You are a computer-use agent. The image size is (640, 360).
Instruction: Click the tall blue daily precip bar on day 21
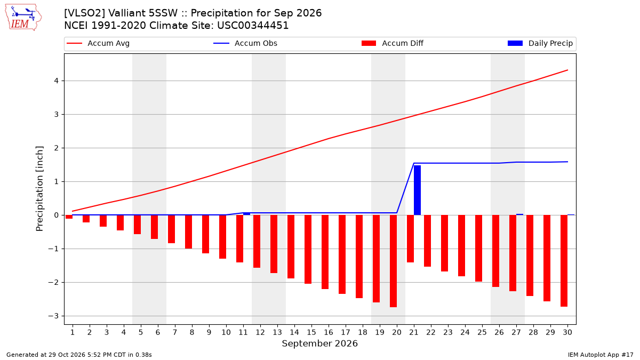pyautogui.click(x=417, y=190)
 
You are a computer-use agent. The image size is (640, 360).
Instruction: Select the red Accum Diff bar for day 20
pyautogui.click(x=394, y=261)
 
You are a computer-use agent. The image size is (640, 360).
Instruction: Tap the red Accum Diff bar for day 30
pyautogui.click(x=564, y=261)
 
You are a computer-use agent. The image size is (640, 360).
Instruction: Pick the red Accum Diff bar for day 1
pyautogui.click(x=69, y=217)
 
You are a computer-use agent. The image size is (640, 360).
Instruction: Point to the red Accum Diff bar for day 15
pyautogui.click(x=308, y=250)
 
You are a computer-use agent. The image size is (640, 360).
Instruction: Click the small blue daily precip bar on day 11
pyautogui.click(x=246, y=214)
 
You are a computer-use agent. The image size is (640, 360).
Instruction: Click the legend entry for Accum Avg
pyautogui.click(x=98, y=43)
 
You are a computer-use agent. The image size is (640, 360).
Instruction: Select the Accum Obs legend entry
pyautogui.click(x=245, y=43)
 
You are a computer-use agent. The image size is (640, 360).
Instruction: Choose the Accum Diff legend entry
pyautogui.click(x=393, y=43)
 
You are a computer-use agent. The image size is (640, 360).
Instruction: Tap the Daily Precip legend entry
pyautogui.click(x=540, y=43)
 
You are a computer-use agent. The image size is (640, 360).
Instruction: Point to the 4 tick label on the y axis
pyautogui.click(x=57, y=81)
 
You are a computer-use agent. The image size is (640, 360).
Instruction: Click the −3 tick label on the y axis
pyautogui.click(x=53, y=316)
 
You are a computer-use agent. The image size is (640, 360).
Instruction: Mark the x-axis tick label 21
pyautogui.click(x=414, y=332)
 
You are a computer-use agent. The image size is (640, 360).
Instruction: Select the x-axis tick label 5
pyautogui.click(x=141, y=332)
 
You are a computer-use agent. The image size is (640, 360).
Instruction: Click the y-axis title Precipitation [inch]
pyautogui.click(x=39, y=189)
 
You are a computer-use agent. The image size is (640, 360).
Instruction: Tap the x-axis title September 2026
pyautogui.click(x=319, y=343)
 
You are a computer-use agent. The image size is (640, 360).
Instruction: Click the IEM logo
pyautogui.click(x=23, y=18)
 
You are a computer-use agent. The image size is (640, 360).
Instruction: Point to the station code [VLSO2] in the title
pyautogui.click(x=84, y=13)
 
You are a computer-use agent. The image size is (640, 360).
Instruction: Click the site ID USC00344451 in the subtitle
pyautogui.click(x=253, y=26)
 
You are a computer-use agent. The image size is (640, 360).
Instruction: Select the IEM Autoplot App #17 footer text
pyautogui.click(x=601, y=355)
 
